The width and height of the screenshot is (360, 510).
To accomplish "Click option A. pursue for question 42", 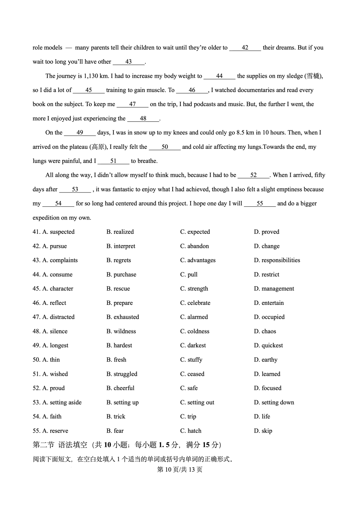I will coord(55,246).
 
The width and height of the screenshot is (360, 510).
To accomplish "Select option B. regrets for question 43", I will coord(119,260).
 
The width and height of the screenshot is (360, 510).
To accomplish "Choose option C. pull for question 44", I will coord(189,275).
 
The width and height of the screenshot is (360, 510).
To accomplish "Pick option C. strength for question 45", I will coord(194,289).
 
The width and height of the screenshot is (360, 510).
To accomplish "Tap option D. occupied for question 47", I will coord(269,317).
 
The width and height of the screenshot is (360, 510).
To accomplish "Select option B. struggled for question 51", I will coord(122,374).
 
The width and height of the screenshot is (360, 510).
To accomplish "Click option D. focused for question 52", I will coord(267,388).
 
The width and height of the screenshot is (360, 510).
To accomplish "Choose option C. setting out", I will coord(197,402).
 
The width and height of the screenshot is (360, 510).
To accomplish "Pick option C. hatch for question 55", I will coord(191,431).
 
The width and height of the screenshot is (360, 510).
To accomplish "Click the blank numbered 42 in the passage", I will coord(245,48).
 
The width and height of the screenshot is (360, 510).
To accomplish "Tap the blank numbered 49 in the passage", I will coord(80,133).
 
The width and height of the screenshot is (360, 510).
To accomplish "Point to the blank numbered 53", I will coord(75,189).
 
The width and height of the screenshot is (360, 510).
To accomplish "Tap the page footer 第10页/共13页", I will coord(180,469).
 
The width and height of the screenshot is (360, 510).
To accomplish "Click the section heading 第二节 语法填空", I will coord(60,445).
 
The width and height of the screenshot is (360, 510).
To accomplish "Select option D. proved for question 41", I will coord(266,232).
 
